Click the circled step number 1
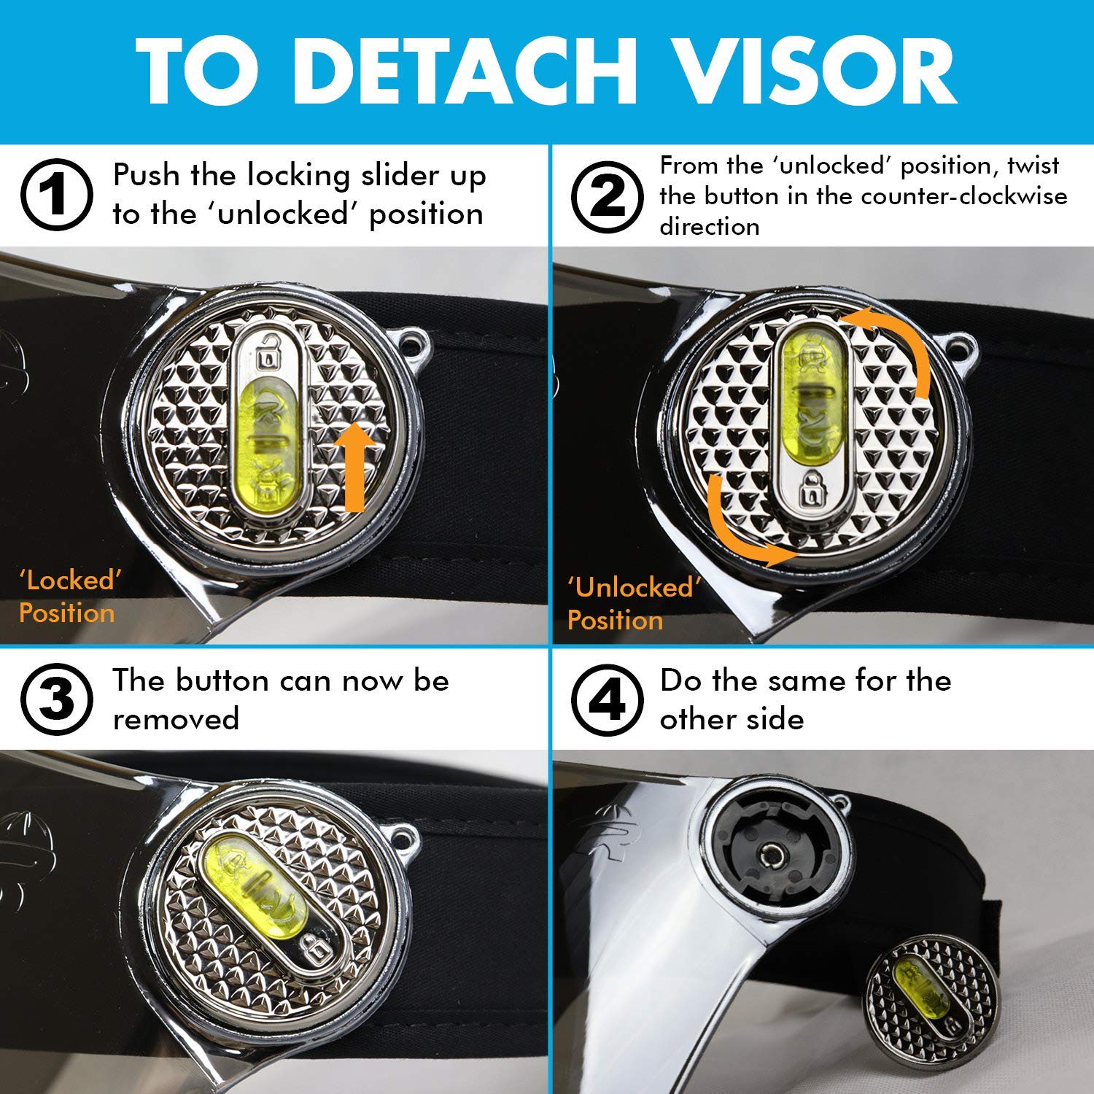click(56, 195)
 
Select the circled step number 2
click(607, 195)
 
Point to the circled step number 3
click(56, 699)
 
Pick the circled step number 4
click(607, 699)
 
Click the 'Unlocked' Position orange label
click(634, 604)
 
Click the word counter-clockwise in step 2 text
click(964, 195)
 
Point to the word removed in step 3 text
click(176, 719)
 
